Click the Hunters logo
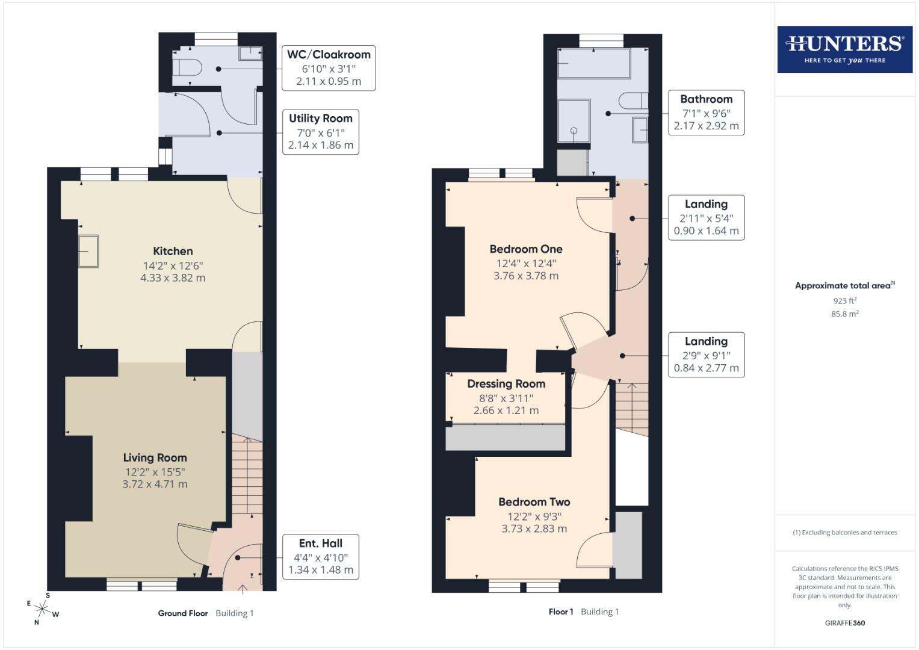tap(844, 49)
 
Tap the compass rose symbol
tap(42, 608)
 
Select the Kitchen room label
tap(173, 251)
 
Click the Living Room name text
tap(155, 457)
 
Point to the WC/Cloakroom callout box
tap(329, 68)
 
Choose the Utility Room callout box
tap(320, 132)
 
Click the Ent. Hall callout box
tap(320, 557)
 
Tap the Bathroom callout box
tap(706, 113)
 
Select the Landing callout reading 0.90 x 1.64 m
tap(706, 217)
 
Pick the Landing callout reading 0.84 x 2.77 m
tap(706, 354)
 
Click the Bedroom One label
tap(525, 249)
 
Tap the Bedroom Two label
tap(534, 501)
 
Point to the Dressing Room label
tap(506, 383)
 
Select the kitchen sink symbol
tap(88, 251)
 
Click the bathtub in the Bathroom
tap(593, 63)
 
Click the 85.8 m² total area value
tap(844, 314)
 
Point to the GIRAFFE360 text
tap(844, 623)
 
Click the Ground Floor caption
tap(182, 613)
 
